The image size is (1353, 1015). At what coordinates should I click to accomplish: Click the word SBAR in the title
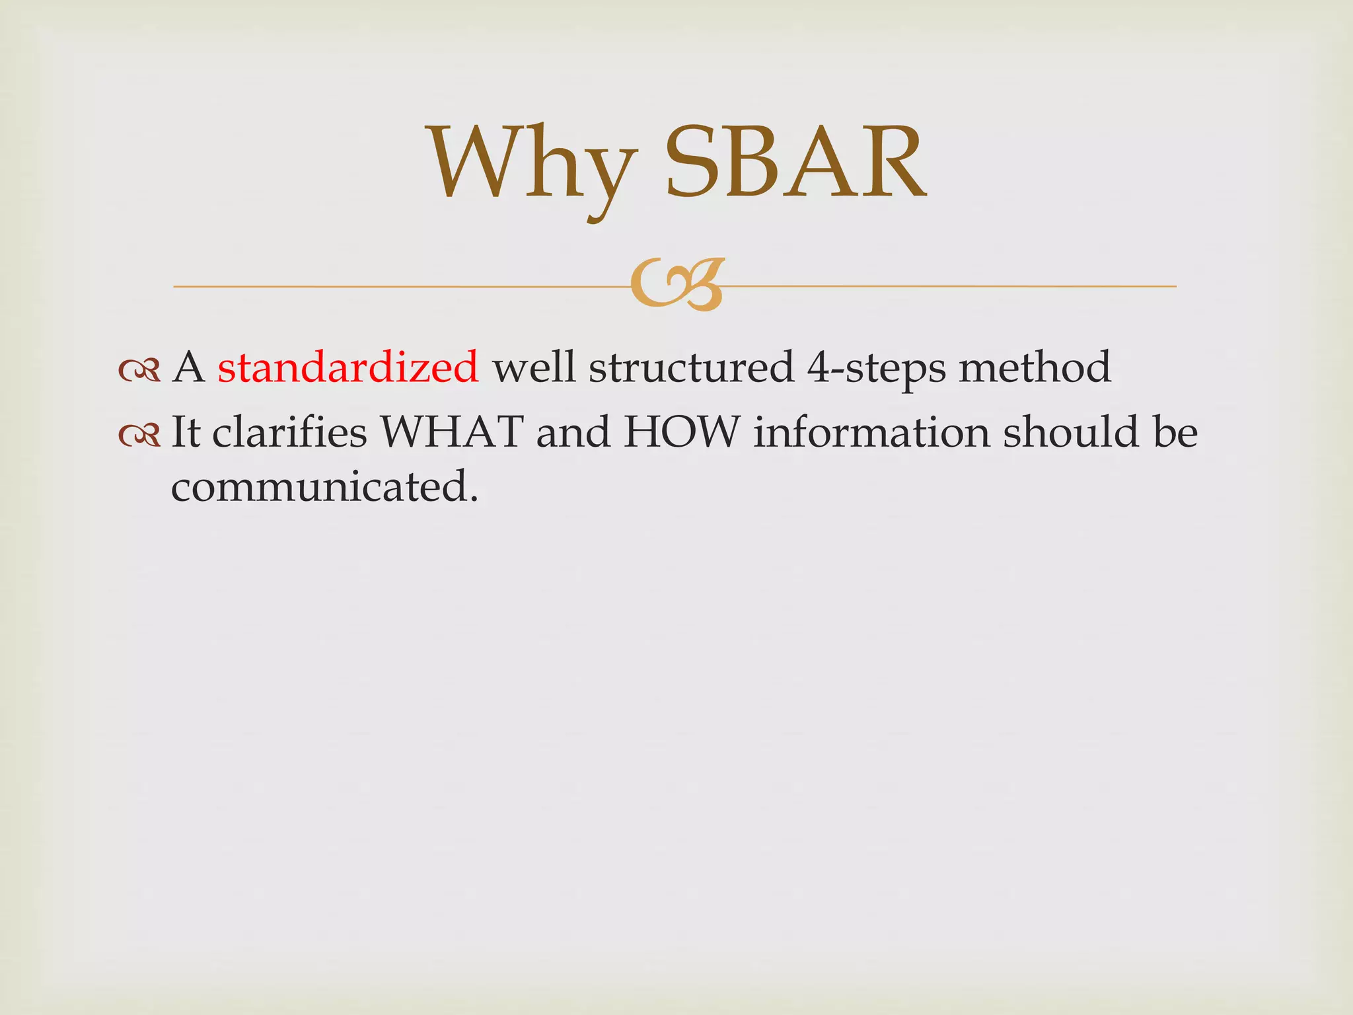[x=795, y=164]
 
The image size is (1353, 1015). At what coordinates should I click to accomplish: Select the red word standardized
[x=347, y=367]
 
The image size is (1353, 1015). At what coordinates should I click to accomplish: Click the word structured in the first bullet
[x=691, y=368]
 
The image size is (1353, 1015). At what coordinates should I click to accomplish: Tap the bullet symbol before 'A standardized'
[x=139, y=371]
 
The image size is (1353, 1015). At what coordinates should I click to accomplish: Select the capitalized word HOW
[x=680, y=432]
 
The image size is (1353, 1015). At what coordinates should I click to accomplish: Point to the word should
[x=1071, y=432]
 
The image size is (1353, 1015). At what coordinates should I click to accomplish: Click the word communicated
[x=324, y=487]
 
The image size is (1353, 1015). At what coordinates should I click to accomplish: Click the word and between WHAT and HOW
[x=573, y=432]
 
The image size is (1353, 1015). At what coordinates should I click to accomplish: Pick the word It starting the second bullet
[x=186, y=432]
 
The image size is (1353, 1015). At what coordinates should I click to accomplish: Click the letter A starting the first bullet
[x=188, y=367]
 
